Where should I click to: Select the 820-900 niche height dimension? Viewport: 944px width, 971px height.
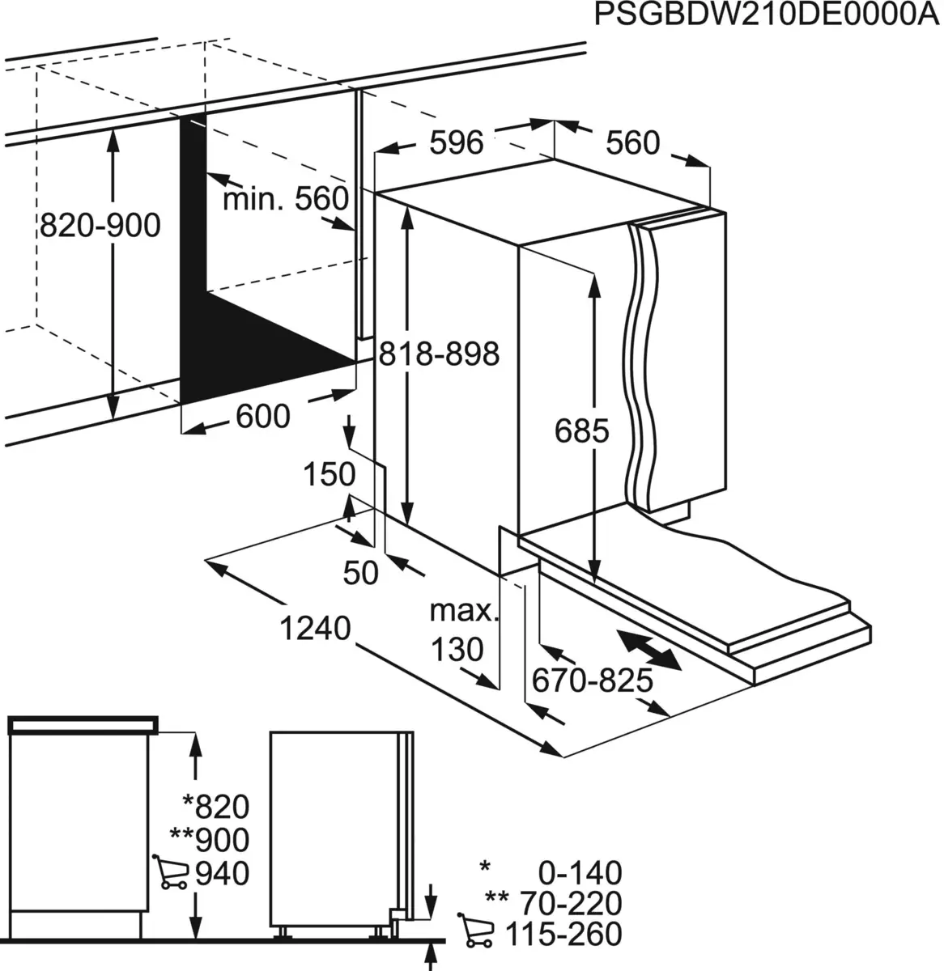[x=100, y=225]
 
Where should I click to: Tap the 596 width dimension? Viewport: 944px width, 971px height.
[x=456, y=143]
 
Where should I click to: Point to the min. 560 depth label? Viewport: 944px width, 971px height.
[x=285, y=199]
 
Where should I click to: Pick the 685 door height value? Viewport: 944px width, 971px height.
[x=581, y=431]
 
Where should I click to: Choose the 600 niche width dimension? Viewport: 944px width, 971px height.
[x=262, y=417]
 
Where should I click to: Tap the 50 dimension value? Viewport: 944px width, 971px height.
[x=361, y=573]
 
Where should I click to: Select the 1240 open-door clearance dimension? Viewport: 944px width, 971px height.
[x=315, y=628]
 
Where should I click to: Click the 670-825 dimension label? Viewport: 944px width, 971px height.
[x=592, y=681]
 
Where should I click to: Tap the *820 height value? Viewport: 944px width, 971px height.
[x=215, y=807]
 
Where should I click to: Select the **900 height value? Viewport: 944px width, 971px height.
[x=210, y=841]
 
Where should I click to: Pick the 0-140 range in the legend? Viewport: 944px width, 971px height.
[x=580, y=873]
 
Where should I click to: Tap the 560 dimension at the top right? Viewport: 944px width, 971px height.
[x=633, y=143]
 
